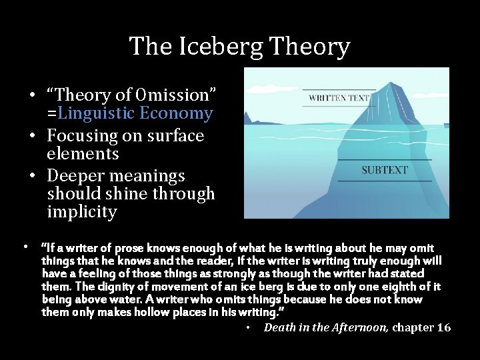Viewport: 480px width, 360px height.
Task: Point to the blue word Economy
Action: pos(176,113)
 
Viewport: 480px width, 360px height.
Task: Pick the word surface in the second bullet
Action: pos(174,136)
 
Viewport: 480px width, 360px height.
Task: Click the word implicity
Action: pos(82,213)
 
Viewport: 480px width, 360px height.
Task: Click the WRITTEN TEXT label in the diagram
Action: pos(339,98)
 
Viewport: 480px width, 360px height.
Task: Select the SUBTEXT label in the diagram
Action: pos(385,170)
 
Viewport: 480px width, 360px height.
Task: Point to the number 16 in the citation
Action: pos(443,327)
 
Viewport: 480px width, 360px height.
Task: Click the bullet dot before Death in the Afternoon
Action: pos(248,328)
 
